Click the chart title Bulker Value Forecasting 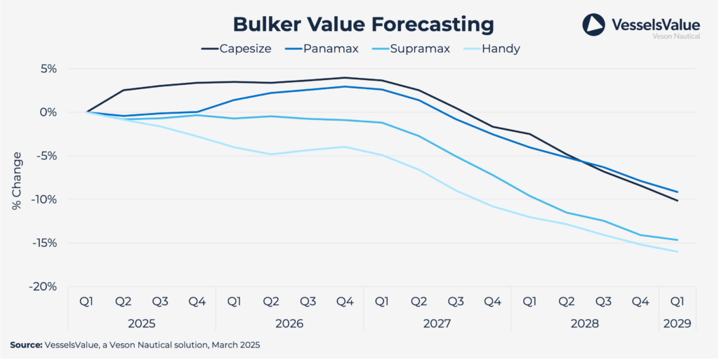tap(364, 24)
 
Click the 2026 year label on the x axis tap(289, 324)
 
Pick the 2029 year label tap(677, 324)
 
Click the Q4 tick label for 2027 tap(492, 301)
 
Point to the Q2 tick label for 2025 tap(124, 301)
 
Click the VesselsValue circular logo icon tap(593, 25)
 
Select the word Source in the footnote tap(25, 345)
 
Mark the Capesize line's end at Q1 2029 tap(677, 201)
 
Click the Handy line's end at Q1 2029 tap(677, 251)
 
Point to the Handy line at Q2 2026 tap(271, 154)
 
